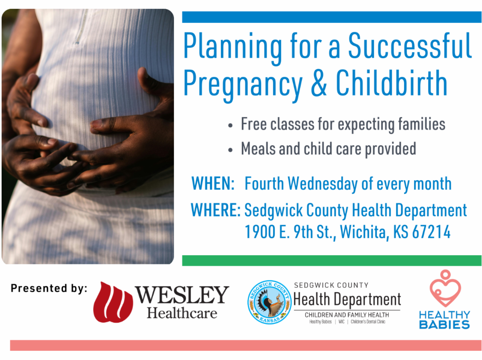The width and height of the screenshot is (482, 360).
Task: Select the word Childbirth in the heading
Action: [391, 83]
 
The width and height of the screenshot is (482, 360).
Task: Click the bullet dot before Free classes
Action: [230, 126]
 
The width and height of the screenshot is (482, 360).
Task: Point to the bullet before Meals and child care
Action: [230, 150]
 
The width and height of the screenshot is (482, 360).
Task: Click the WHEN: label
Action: [213, 184]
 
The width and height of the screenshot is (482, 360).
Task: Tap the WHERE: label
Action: [215, 210]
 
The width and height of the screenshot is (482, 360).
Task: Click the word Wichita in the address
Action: [364, 232]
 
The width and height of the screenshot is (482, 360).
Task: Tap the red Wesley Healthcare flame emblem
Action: [113, 302]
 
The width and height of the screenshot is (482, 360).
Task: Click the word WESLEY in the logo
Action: [182, 295]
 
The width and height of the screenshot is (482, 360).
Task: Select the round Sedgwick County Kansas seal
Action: [269, 302]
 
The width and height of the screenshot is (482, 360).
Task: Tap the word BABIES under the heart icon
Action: [444, 324]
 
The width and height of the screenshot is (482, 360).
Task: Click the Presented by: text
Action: [49, 288]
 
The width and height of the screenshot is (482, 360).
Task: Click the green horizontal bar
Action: [331, 260]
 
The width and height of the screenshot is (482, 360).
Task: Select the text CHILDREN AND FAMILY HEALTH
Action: [347, 315]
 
